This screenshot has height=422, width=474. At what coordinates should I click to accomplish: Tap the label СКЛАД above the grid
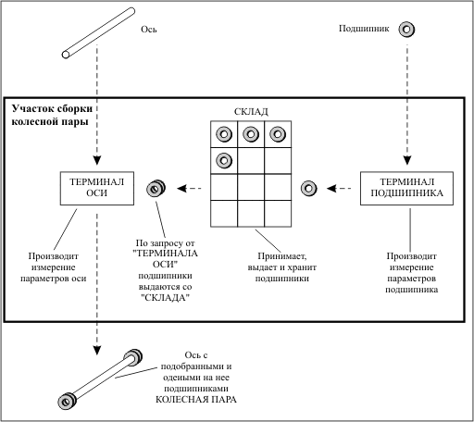[251, 112]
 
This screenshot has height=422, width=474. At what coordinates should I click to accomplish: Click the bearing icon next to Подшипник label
[406, 30]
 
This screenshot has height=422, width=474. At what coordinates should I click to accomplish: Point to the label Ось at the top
[149, 30]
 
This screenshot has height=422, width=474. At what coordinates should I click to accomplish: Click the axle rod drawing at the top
[98, 33]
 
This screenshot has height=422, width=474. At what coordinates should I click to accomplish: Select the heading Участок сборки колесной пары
[52, 115]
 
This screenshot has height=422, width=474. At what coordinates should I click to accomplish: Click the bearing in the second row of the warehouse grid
[224, 160]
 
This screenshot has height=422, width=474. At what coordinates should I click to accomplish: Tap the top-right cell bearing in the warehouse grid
[278, 134]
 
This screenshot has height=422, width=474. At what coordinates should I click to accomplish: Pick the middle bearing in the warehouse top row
[251, 134]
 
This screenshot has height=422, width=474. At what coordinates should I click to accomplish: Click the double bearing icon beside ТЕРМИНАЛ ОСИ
[156, 188]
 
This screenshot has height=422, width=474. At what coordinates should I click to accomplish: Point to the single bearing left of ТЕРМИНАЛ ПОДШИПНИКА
[308, 188]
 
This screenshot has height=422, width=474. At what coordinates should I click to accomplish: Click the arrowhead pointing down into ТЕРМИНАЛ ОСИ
[97, 160]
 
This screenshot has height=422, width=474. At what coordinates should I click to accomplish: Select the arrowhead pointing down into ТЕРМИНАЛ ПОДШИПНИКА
[407, 160]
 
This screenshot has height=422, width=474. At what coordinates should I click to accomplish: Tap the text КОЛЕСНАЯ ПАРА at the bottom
[196, 400]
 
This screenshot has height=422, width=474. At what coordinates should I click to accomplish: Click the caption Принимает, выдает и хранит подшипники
[282, 267]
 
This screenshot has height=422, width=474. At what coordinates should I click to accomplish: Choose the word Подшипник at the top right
[364, 29]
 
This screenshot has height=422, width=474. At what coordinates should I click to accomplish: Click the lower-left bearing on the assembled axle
[67, 401]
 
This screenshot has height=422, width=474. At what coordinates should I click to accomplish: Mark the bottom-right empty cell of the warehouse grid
[278, 214]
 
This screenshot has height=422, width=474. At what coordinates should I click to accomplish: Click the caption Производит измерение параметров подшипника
[412, 273]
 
